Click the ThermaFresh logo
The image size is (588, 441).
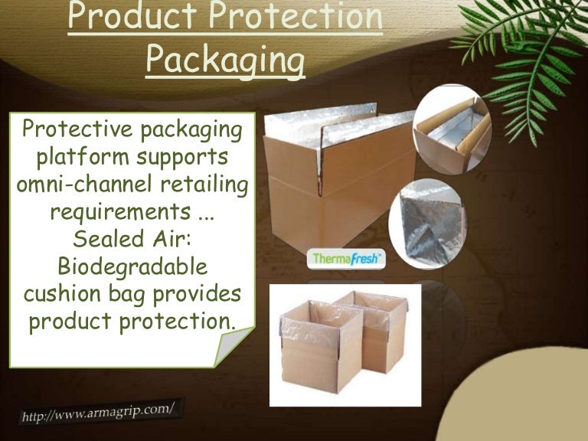tap(347, 259)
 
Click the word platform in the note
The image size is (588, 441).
tap(79, 158)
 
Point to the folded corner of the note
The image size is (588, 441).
tap(233, 345)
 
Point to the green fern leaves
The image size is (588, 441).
tap(528, 61)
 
